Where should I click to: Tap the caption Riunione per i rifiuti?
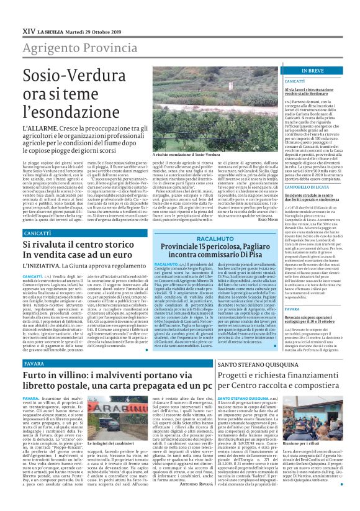tap(317, 427)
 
